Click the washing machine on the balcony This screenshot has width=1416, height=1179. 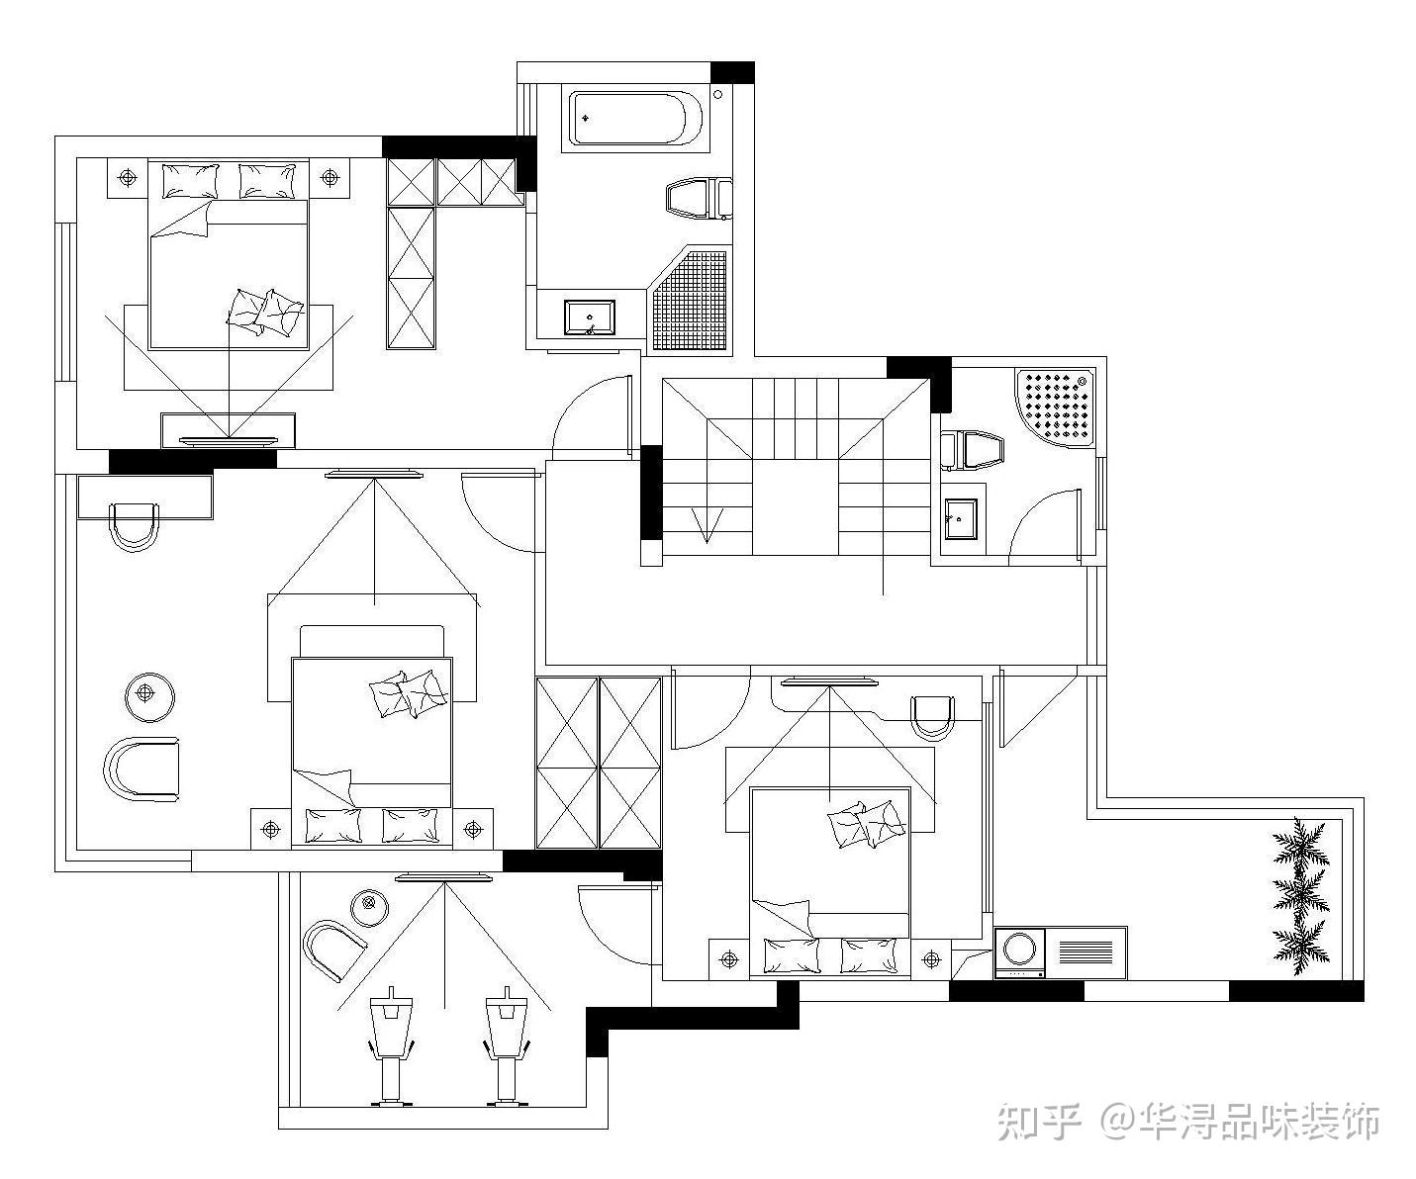click(x=1020, y=952)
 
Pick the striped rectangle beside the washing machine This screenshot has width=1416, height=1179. click(x=1086, y=952)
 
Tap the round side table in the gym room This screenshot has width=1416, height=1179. click(x=368, y=904)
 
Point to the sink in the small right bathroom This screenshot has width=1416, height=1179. click(x=960, y=518)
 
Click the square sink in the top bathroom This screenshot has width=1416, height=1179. click(x=590, y=318)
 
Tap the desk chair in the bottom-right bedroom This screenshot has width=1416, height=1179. click(x=932, y=715)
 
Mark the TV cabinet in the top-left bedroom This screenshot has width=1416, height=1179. click(x=229, y=428)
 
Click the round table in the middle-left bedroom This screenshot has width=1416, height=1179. click(x=149, y=693)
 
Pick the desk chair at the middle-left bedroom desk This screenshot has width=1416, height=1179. click(x=134, y=525)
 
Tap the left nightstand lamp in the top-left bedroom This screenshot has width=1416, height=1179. click(x=127, y=178)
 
